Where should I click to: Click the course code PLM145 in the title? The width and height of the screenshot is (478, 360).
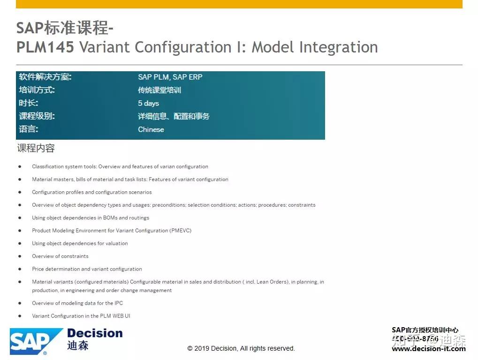click(45, 47)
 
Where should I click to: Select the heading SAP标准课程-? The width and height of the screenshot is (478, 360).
click(65, 28)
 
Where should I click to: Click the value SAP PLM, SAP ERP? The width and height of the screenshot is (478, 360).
click(170, 77)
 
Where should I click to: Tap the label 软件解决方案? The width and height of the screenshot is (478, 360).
click(45, 77)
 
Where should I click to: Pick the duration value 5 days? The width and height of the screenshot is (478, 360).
click(148, 103)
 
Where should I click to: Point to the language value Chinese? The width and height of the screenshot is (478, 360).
click(151, 129)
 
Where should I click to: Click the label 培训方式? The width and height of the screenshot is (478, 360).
click(37, 90)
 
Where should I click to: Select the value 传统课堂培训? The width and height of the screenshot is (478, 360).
click(159, 90)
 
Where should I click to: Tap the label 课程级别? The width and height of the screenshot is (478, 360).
click(37, 116)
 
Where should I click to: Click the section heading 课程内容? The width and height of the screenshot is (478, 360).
click(36, 149)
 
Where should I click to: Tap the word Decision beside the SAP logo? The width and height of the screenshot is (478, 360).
click(95, 333)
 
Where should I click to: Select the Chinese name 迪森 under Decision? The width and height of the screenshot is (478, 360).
click(78, 346)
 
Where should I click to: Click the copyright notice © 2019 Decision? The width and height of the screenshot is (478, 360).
click(241, 348)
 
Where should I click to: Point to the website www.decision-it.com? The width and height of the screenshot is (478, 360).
click(428, 348)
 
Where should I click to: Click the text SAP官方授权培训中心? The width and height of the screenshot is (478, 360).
click(425, 330)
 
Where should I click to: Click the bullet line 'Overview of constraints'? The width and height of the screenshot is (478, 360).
click(60, 256)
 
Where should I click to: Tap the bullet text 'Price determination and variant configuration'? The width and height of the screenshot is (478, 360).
click(87, 269)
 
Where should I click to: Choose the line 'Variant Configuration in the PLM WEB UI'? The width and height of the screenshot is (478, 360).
click(81, 316)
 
